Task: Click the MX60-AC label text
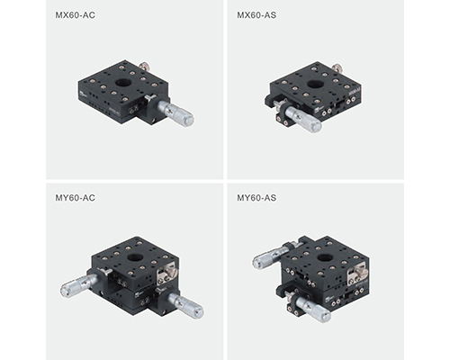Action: [75, 15]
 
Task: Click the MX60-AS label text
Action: [256, 15]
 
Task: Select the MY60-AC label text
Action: [75, 198]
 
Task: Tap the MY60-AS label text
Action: [256, 198]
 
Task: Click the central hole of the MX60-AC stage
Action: [122, 82]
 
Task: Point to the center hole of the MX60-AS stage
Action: [315, 84]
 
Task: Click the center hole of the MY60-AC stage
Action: [135, 257]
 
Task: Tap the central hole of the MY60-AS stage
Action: [324, 257]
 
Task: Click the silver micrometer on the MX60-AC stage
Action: [175, 112]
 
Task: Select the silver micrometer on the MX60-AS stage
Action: [303, 119]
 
